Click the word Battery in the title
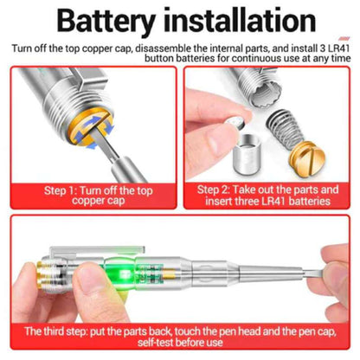[x=106, y=21]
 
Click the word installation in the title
[x=240, y=20]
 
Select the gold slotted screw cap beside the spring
[x=307, y=158]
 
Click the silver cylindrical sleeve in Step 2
[x=247, y=154]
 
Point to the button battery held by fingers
[x=237, y=123]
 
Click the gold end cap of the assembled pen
[x=42, y=274]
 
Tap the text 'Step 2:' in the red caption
[x=214, y=190]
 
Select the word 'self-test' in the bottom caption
[x=155, y=343]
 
